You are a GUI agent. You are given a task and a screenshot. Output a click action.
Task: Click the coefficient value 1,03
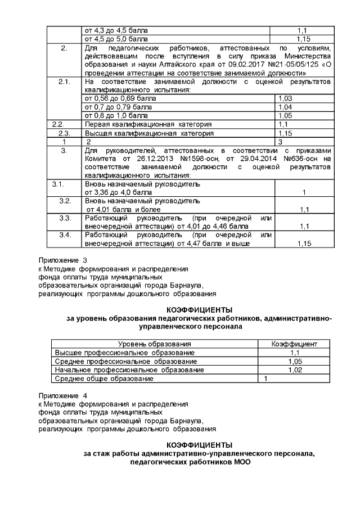[285, 98]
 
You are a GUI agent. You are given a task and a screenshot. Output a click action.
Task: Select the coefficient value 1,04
[285, 106]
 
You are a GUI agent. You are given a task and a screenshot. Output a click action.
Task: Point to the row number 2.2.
[58, 124]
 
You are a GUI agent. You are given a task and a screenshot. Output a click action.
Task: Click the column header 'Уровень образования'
[154, 344]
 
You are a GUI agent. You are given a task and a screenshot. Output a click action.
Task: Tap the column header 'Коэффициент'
[294, 344]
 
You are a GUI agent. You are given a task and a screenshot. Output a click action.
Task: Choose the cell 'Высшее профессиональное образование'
[123, 352]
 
